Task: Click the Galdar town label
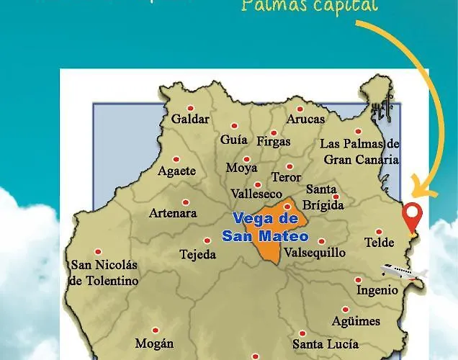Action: click(x=190, y=119)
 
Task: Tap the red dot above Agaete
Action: click(x=176, y=159)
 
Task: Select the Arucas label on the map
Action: click(x=306, y=119)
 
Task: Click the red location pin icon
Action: click(x=412, y=215)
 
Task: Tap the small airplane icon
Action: click(x=403, y=271)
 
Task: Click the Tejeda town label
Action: click(x=197, y=255)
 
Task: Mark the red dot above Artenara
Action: click(x=186, y=202)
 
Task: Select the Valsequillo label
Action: click(x=315, y=253)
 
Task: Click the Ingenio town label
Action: click(x=377, y=290)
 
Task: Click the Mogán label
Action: click(x=154, y=343)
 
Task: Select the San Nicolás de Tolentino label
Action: click(x=103, y=272)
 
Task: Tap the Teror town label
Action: click(x=286, y=177)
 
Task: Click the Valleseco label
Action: click(x=257, y=194)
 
